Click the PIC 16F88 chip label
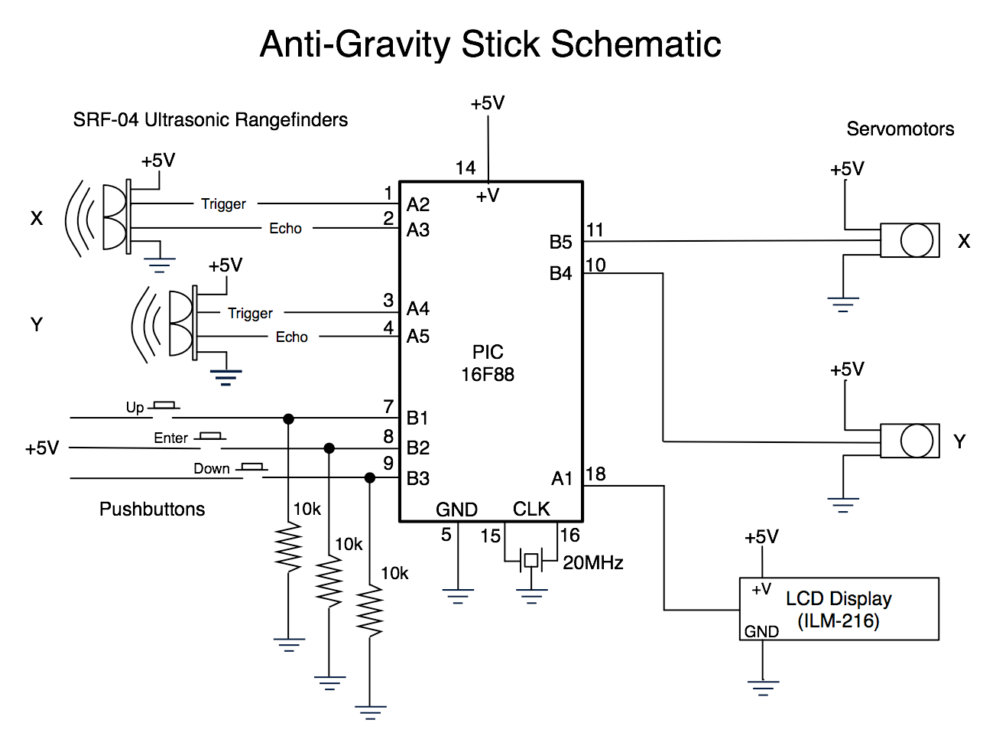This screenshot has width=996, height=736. click(488, 363)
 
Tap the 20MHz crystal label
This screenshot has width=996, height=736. click(593, 563)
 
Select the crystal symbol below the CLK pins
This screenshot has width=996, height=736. click(530, 561)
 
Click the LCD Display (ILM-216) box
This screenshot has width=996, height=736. click(839, 609)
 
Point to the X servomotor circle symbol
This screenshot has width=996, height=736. click(917, 241)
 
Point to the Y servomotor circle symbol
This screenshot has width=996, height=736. click(917, 441)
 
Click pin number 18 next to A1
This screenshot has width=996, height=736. click(595, 474)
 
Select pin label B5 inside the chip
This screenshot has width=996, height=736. click(561, 243)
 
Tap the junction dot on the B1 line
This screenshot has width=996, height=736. click(288, 418)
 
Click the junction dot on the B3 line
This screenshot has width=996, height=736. click(370, 478)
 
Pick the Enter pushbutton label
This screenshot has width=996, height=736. click(170, 438)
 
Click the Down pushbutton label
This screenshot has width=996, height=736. click(211, 469)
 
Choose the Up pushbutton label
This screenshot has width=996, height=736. click(135, 408)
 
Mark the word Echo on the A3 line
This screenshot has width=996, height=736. click(285, 228)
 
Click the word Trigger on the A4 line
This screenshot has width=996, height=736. click(250, 313)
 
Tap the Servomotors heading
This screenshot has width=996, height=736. click(900, 129)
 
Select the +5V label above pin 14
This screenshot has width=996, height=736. click(488, 103)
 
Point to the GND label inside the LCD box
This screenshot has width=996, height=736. click(761, 632)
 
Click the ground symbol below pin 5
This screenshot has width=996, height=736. click(458, 596)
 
